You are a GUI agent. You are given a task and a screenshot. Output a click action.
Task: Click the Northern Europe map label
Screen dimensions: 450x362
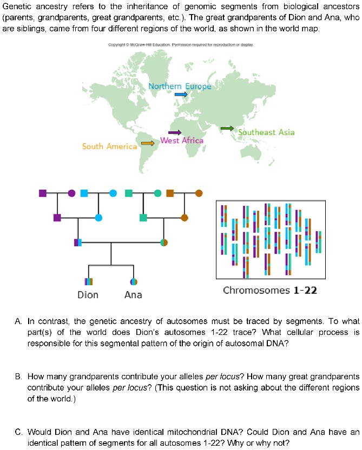(180, 86)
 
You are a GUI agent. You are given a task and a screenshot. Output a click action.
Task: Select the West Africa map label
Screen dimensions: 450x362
(182, 141)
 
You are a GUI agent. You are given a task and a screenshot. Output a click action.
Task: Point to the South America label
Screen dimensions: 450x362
(109, 146)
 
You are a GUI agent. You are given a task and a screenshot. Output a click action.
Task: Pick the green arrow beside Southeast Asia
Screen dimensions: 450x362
(227, 128)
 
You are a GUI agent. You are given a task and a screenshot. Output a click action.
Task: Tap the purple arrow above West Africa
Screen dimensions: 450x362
(175, 132)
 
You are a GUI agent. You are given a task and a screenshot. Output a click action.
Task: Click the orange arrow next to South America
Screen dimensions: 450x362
(147, 143)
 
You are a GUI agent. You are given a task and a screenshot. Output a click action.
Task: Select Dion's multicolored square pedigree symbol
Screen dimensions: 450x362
(88, 281)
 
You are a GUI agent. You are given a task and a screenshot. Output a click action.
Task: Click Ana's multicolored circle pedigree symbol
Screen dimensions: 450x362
(133, 281)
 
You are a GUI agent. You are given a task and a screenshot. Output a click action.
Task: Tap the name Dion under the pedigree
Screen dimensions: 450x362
(88, 295)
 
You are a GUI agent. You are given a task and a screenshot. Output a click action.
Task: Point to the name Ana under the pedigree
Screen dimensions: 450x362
(133, 295)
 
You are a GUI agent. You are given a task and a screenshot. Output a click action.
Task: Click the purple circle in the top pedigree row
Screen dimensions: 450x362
(71, 193)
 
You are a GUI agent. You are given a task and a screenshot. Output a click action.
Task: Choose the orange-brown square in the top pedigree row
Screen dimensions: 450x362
(170, 193)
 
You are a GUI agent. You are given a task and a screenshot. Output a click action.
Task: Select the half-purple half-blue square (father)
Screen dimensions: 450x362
(78, 243)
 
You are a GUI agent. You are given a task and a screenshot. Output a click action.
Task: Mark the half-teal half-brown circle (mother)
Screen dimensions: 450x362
(164, 243)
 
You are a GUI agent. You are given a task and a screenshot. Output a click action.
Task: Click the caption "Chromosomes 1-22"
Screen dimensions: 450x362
(270, 291)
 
